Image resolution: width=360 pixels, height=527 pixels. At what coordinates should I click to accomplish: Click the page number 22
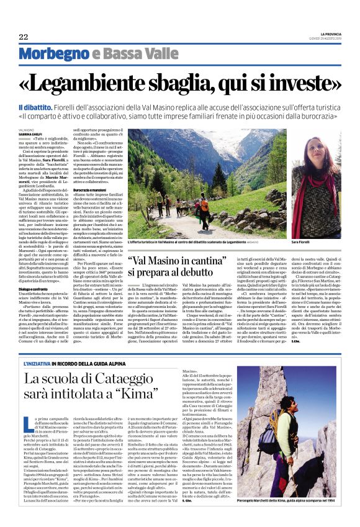23,36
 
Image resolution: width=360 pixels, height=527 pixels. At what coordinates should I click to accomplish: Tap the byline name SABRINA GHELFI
30,133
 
